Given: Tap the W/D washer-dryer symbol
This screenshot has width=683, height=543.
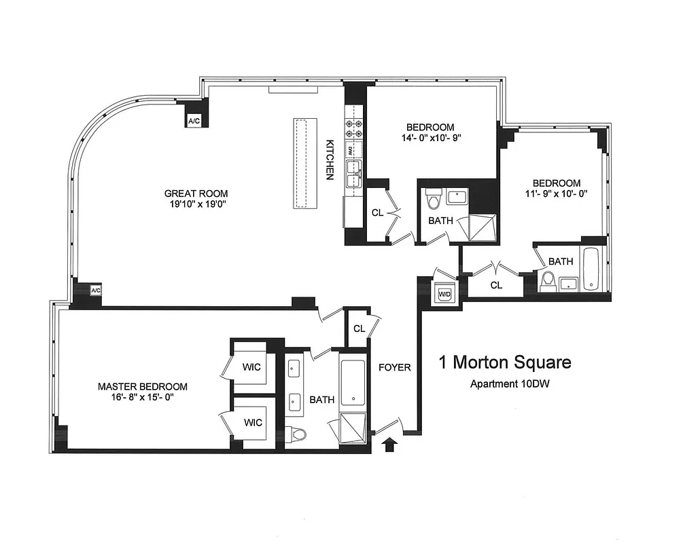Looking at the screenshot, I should tap(445, 294).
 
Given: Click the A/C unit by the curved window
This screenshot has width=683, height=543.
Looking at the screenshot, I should tap(194, 121).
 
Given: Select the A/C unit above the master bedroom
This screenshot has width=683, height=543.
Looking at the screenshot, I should tap(96, 291).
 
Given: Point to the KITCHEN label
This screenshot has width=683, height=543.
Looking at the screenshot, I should tap(330, 160).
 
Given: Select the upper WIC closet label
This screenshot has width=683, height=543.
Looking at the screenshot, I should tap(253, 367).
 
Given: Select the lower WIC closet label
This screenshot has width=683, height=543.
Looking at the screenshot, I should tap(253, 422).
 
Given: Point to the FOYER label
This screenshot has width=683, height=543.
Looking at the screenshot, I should tap(395, 367).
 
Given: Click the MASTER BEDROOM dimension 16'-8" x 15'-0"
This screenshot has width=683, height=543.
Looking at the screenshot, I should tap(142, 398).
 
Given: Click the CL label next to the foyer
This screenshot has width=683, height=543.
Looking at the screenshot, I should tap(359, 329).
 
